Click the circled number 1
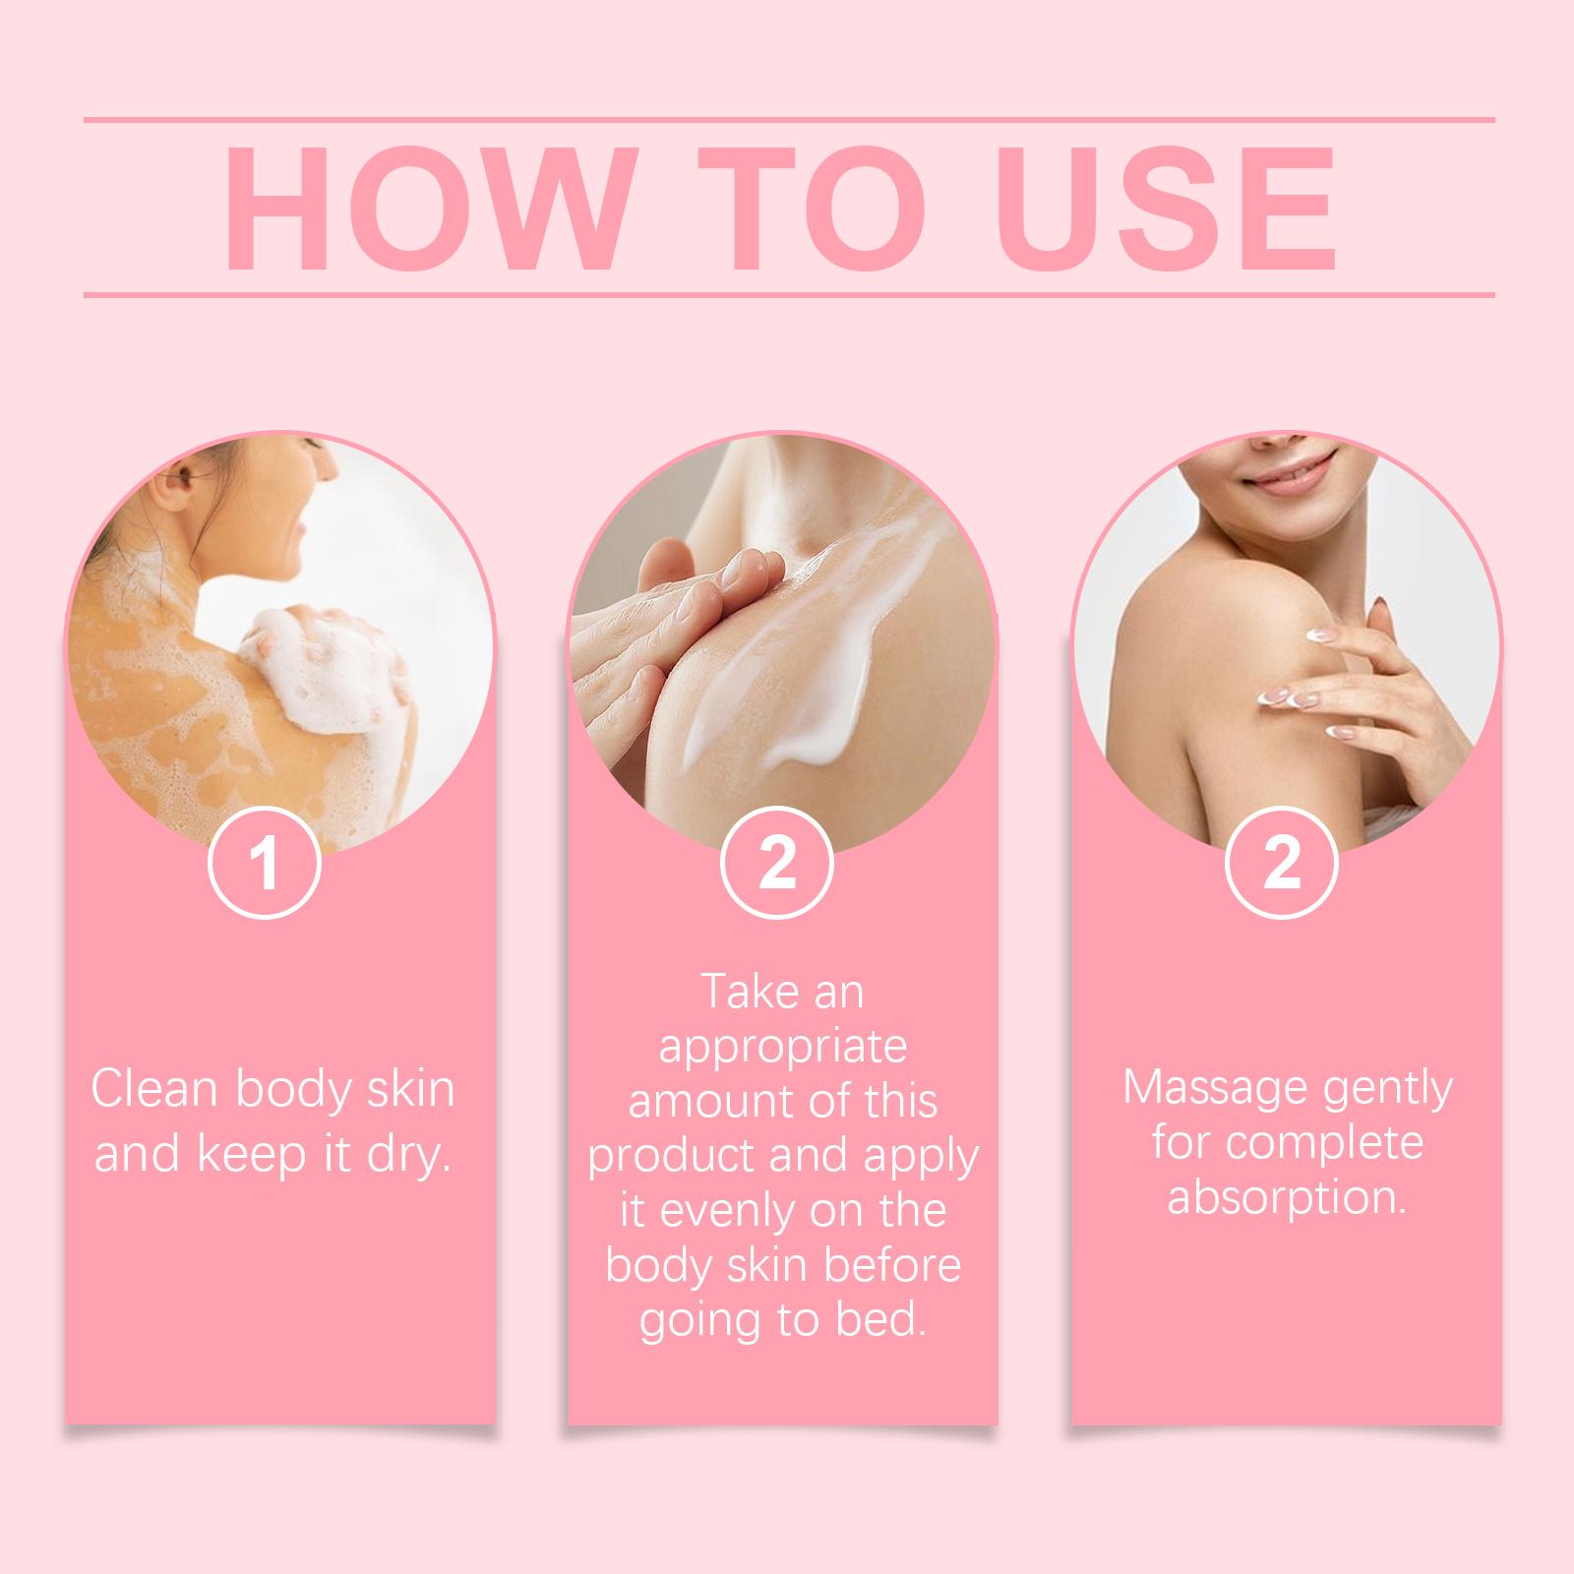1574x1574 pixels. pos(265,862)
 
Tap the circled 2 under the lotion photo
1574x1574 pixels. pos(777,862)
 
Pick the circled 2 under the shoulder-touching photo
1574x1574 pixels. pos(1281,862)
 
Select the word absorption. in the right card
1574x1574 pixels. pos(1286,1199)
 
